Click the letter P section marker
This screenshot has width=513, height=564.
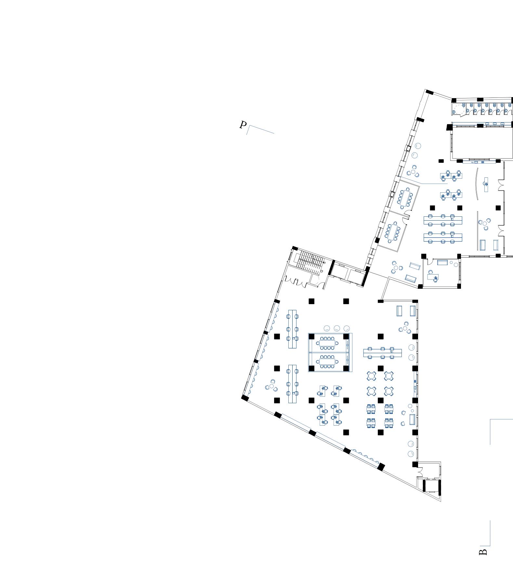[243, 125]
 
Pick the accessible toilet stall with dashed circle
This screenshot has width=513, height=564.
[459, 110]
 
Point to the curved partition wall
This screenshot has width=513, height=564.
[477, 184]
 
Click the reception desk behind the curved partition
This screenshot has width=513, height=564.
[486, 185]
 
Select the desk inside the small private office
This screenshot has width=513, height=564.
[433, 277]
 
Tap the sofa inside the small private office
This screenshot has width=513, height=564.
[442, 262]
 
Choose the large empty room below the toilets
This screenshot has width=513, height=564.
[481, 143]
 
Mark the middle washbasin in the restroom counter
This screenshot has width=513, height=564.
[494, 124]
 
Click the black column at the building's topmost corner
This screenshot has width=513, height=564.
[429, 92]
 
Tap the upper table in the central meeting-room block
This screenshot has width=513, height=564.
[327, 343]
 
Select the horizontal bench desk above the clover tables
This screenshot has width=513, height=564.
[383, 352]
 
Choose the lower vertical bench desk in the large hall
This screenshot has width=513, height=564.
[292, 384]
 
